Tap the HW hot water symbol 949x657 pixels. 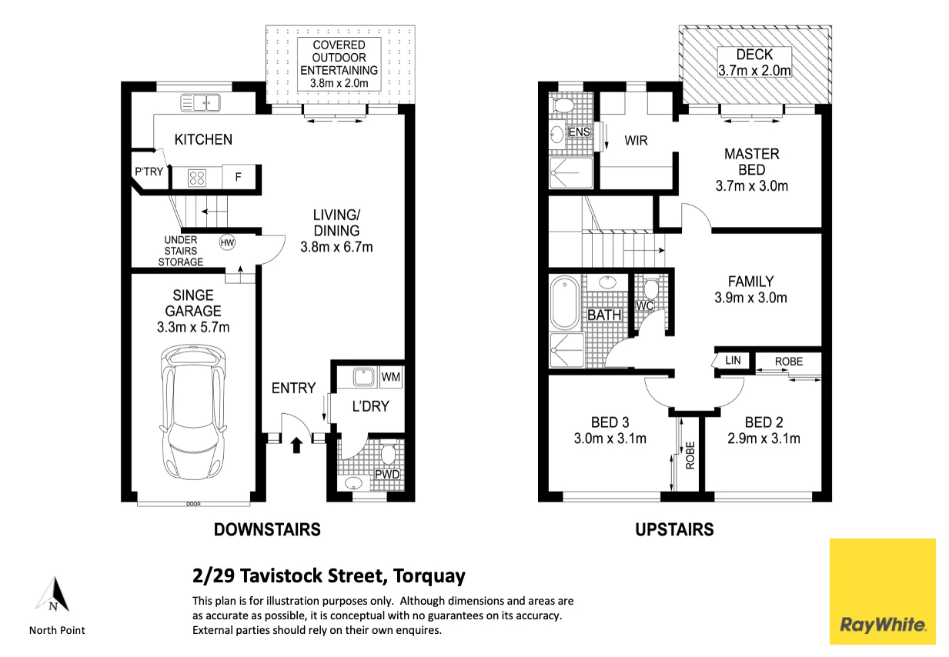tap(227, 243)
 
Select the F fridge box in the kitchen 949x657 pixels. tap(239, 177)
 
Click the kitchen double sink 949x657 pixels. tap(200, 103)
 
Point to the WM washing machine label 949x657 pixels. tap(391, 376)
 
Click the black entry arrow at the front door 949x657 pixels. tap(296, 445)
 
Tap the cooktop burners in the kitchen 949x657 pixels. tap(196, 178)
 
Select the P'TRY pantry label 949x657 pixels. tap(149, 171)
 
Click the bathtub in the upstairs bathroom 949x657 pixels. tap(564, 302)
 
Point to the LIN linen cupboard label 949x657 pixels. tap(733, 361)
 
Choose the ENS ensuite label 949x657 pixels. tap(579, 132)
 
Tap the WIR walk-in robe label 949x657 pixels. tap(636, 141)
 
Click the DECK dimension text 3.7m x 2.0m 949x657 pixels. tap(754, 70)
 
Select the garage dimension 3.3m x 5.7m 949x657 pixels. tap(193, 327)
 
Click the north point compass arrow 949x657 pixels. tap(53, 594)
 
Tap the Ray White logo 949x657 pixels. tap(883, 592)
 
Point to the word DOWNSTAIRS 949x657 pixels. tap(267, 529)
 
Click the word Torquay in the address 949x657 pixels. tap(429, 576)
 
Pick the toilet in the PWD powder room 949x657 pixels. tap(388, 454)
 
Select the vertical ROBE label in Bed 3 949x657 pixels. tap(690, 455)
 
